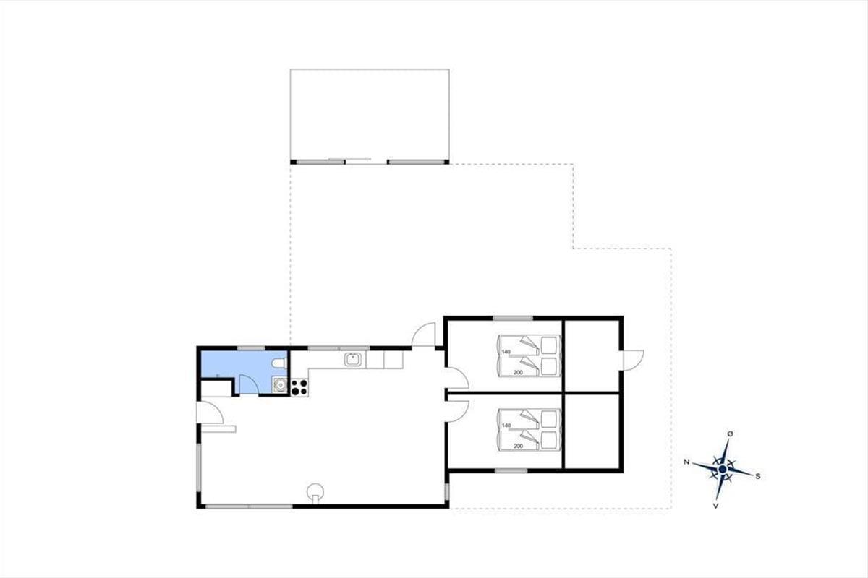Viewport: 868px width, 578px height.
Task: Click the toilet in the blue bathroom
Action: click(x=279, y=363)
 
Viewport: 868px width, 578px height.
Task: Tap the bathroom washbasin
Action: click(x=279, y=385)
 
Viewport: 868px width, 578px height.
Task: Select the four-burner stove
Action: click(x=299, y=387)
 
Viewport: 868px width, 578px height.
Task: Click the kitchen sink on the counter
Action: click(x=353, y=359)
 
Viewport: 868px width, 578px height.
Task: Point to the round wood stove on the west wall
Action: click(x=315, y=493)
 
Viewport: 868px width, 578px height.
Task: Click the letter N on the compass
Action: click(x=686, y=462)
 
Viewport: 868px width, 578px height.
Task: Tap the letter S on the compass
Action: click(x=758, y=476)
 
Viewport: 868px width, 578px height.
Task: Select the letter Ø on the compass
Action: click(x=730, y=434)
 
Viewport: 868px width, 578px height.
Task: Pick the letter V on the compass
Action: click(x=715, y=506)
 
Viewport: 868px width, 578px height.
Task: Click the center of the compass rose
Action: click(x=723, y=469)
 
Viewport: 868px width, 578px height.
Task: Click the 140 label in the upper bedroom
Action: click(x=506, y=352)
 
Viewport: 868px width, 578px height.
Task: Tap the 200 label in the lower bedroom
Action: click(x=518, y=446)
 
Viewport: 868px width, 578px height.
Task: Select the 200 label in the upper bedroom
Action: click(x=518, y=372)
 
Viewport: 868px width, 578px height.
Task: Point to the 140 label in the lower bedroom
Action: click(x=506, y=426)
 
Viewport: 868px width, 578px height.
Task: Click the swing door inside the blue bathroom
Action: click(x=248, y=384)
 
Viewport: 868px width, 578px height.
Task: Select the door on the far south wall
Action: click(x=633, y=360)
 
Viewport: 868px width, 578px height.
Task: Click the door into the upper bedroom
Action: click(x=457, y=379)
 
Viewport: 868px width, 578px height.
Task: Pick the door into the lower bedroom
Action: click(x=457, y=411)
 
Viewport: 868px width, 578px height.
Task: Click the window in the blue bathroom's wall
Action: click(x=251, y=348)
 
